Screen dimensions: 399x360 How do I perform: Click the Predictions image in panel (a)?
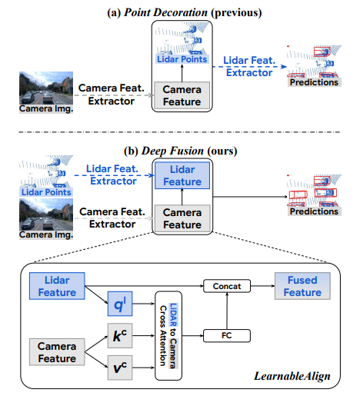(313, 65)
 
